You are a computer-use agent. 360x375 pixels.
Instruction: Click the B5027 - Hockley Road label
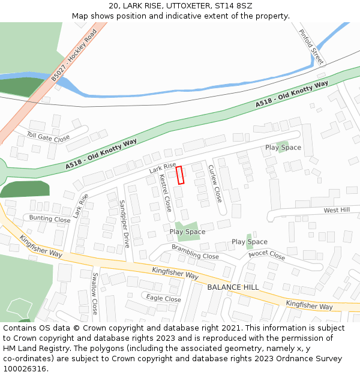point(73,55)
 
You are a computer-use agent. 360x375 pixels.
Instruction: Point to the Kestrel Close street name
point(165,193)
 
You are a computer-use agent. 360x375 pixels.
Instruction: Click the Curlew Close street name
point(214,182)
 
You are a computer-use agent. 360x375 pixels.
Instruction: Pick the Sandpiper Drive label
point(124,224)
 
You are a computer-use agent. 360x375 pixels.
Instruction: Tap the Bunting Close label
point(50,219)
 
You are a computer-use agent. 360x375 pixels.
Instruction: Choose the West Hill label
point(337,210)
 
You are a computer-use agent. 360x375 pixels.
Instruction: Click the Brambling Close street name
point(195,251)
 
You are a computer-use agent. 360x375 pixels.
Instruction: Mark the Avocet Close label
point(267,255)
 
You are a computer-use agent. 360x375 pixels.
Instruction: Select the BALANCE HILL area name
point(233,287)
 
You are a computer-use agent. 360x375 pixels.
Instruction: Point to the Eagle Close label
point(163,299)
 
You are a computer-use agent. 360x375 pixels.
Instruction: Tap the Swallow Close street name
point(95,293)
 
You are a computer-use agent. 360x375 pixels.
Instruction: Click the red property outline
point(179,175)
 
